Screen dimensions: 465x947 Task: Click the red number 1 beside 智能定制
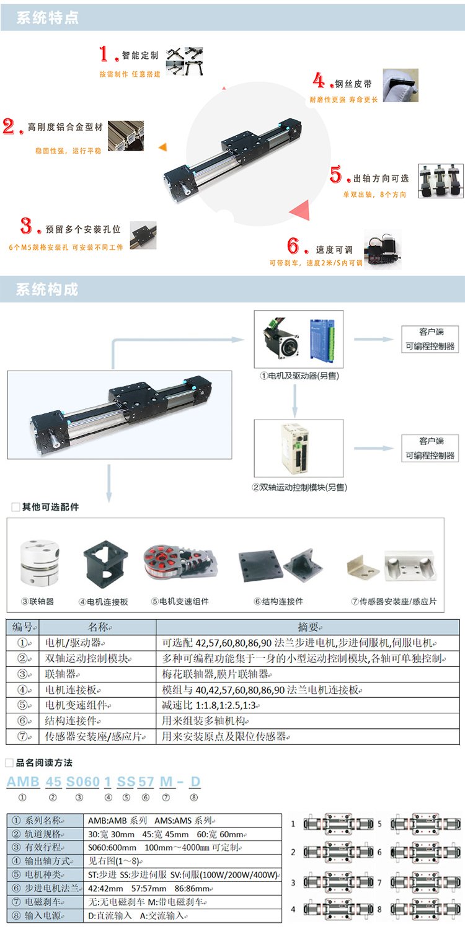[x=104, y=54]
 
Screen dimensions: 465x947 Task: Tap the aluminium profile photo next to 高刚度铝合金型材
[x=126, y=136]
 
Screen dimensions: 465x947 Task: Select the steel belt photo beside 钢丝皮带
[x=401, y=86]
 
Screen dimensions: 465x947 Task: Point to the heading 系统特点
[x=47, y=18]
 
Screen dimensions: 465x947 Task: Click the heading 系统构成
[x=47, y=289]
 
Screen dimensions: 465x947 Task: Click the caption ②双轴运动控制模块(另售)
[x=299, y=488]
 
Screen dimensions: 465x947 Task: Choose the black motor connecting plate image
[x=106, y=564]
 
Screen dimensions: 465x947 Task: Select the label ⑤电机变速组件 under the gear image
[x=180, y=601]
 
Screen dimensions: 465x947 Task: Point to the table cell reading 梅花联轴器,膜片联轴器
[x=216, y=674]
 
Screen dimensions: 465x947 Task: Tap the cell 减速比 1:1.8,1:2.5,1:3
[x=211, y=705]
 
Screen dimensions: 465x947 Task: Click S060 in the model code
[x=83, y=782]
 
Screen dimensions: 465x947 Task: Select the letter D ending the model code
[x=195, y=782]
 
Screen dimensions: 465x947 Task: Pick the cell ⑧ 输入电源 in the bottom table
[x=45, y=915]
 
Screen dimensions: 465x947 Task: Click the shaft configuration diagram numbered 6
[x=425, y=852]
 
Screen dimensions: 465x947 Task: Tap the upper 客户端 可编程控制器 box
[x=430, y=339]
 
